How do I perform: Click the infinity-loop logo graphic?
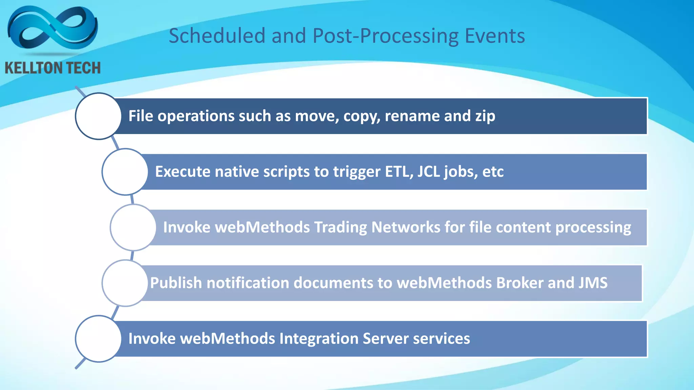tap(53, 29)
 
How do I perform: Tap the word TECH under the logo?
tap(83, 68)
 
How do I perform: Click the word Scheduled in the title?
tap(217, 36)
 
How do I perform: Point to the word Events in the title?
tap(495, 36)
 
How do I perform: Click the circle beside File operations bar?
tap(98, 116)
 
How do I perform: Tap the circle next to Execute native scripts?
tap(125, 172)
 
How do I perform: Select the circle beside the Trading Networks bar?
tap(133, 227)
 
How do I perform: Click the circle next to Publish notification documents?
tap(125, 283)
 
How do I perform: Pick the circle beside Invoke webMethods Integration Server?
tap(98, 339)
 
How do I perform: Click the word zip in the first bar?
tap(485, 116)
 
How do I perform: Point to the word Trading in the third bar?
tap(341, 227)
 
